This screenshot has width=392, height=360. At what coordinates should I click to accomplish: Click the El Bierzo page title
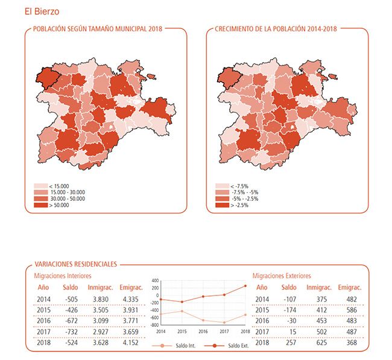point(42,11)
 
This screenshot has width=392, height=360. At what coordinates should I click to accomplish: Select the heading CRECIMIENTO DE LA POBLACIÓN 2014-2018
point(276,28)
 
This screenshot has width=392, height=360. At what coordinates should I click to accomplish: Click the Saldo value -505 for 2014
point(72,300)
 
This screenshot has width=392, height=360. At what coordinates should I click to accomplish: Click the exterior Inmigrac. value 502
point(318,331)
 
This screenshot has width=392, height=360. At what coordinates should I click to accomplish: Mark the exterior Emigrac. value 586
point(350,310)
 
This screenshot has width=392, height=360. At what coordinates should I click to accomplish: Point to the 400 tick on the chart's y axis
point(155,281)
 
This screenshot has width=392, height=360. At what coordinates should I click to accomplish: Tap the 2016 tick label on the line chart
point(203,331)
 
